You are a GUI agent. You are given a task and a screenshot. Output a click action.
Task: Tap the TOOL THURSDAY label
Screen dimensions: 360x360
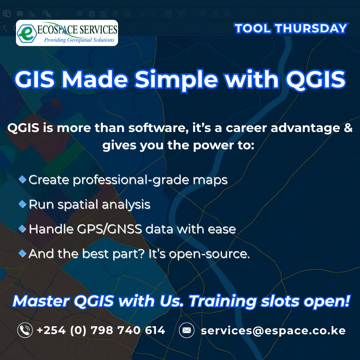coord(291,29)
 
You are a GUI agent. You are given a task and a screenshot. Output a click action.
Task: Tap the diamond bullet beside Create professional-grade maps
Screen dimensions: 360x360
coord(22,180)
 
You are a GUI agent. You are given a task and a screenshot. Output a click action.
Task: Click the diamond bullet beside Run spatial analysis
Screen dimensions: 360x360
coord(22,204)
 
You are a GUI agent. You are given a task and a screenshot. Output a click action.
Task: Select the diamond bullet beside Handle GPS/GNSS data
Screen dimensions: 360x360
coord(22,229)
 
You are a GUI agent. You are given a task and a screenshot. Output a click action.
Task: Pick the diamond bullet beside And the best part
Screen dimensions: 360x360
coord(22,254)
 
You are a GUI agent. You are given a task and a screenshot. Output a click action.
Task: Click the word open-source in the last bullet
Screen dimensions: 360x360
coord(209,254)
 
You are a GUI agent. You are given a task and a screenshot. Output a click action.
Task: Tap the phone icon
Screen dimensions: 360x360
coord(25,330)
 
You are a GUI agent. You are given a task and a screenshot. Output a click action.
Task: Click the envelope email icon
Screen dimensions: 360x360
coord(187,330)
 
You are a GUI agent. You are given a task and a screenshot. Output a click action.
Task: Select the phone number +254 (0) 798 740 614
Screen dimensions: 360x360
coord(101,330)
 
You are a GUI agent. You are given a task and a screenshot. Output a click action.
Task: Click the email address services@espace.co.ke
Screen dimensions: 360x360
coord(273,331)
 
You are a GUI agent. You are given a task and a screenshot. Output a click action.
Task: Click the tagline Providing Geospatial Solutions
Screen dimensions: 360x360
coord(79,40)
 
